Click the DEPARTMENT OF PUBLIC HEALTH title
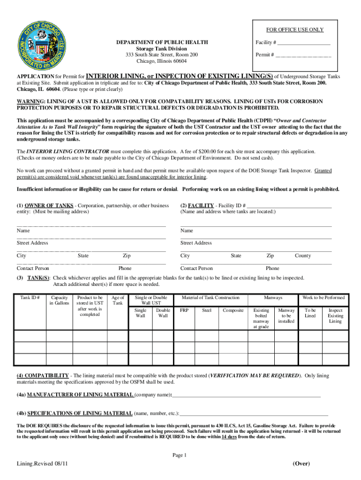click(x=162, y=43)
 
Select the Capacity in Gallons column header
click(x=60, y=300)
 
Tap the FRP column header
click(x=184, y=310)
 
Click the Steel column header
click(x=207, y=310)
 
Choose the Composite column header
click(x=233, y=310)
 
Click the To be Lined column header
click(x=310, y=313)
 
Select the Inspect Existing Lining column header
click(x=335, y=315)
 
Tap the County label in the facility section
click(x=302, y=255)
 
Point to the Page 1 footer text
click(x=180, y=455)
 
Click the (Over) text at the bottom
click(x=301, y=464)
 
